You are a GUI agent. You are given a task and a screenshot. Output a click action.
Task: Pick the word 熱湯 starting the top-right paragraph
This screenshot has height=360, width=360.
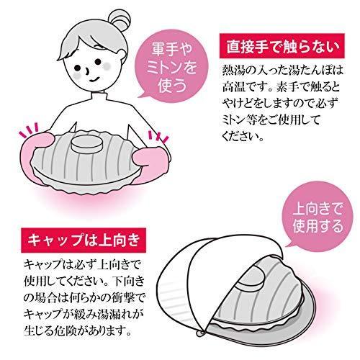[232, 70]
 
